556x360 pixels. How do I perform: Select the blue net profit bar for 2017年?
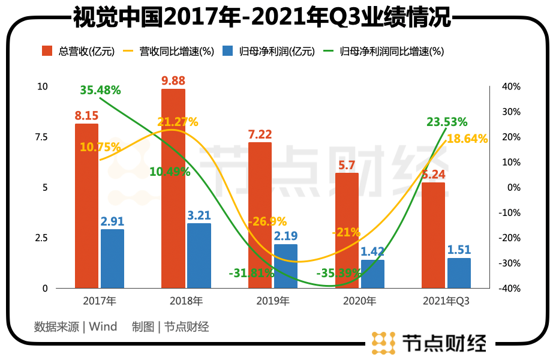click(112, 259)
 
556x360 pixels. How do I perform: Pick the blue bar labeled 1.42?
click(373, 274)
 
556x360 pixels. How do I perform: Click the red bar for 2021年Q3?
click(433, 235)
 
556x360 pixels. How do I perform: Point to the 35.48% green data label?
click(100, 91)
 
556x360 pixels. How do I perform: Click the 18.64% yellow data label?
click(467, 139)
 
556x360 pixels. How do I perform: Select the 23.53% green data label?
click(447, 122)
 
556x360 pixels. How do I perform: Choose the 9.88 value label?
click(173, 80)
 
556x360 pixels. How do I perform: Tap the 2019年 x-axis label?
click(272, 301)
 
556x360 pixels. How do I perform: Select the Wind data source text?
click(103, 327)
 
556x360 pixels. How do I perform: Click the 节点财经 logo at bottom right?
click(429, 342)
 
